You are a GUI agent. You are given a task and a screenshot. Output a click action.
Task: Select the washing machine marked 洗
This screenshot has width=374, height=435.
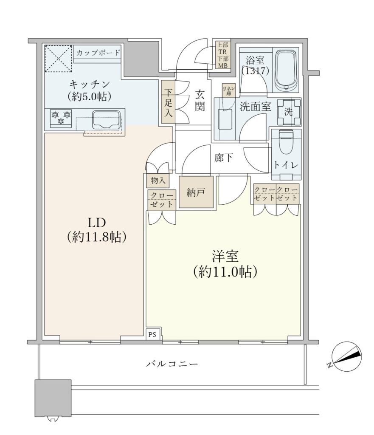(x=290, y=112)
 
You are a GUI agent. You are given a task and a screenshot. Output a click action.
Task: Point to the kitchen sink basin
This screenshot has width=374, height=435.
(x=107, y=120)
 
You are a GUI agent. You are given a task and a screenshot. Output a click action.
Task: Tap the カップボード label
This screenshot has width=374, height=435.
(x=98, y=52)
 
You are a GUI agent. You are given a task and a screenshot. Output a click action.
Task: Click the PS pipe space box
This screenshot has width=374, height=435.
(x=152, y=335)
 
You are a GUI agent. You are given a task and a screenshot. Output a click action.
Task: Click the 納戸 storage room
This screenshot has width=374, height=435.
(x=196, y=192)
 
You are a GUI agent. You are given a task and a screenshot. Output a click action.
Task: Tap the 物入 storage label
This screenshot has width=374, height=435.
(x=158, y=180)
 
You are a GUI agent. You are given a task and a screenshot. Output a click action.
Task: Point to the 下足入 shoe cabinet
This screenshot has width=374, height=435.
(x=168, y=102)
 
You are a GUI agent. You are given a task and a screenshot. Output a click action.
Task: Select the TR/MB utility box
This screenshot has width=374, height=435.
(x=223, y=55)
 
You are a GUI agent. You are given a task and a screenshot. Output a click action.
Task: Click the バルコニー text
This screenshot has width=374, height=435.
(x=172, y=364)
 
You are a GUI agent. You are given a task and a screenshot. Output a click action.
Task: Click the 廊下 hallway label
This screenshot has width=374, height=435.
(x=223, y=158)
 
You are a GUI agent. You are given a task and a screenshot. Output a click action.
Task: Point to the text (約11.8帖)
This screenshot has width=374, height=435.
(x=97, y=237)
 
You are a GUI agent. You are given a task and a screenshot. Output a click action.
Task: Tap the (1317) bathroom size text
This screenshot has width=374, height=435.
(x=255, y=71)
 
